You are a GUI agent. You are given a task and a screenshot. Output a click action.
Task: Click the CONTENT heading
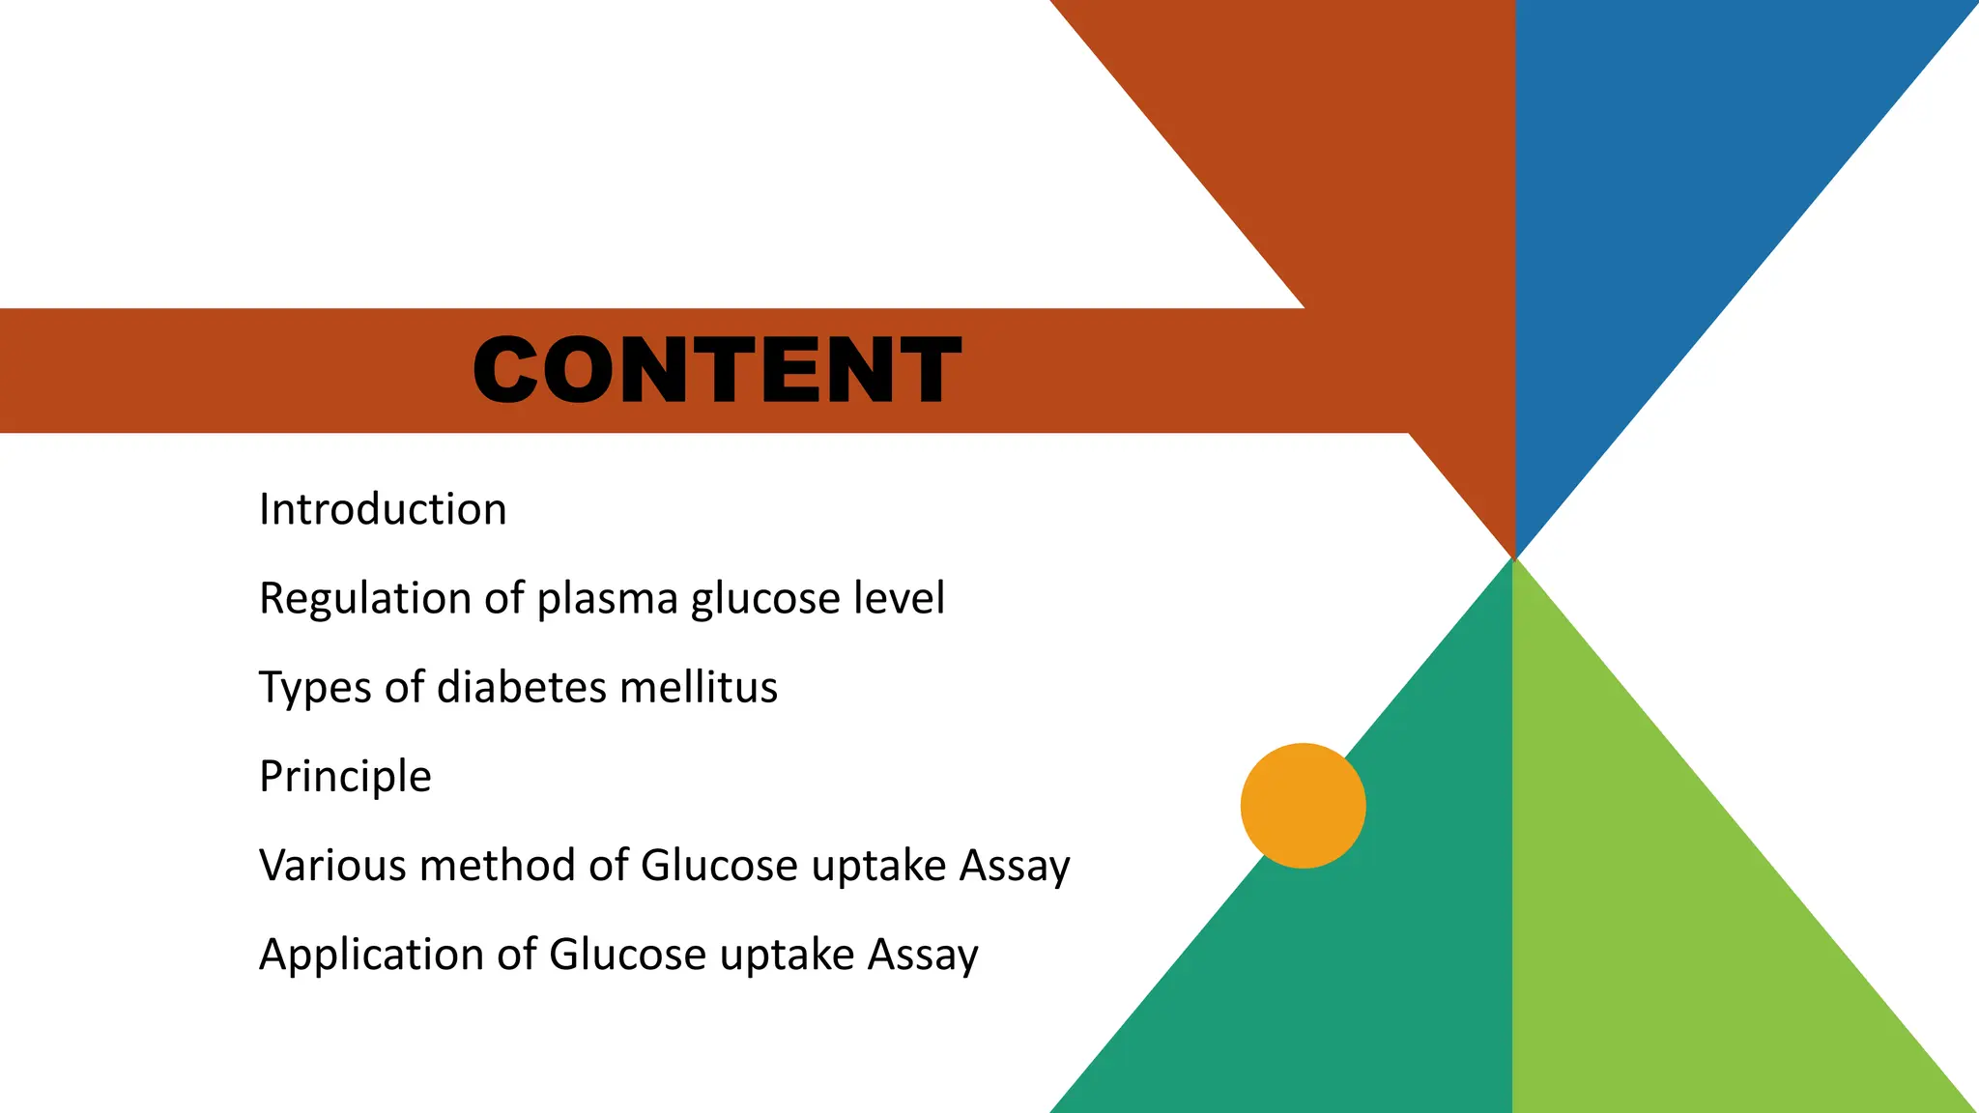(717, 370)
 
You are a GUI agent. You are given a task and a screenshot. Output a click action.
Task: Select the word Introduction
(383, 509)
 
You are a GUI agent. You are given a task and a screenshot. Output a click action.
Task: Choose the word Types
(315, 688)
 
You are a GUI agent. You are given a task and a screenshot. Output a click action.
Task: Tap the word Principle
(345, 777)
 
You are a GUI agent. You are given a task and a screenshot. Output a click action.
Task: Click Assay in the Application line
(923, 955)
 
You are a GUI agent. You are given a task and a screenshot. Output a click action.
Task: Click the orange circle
(1303, 805)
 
